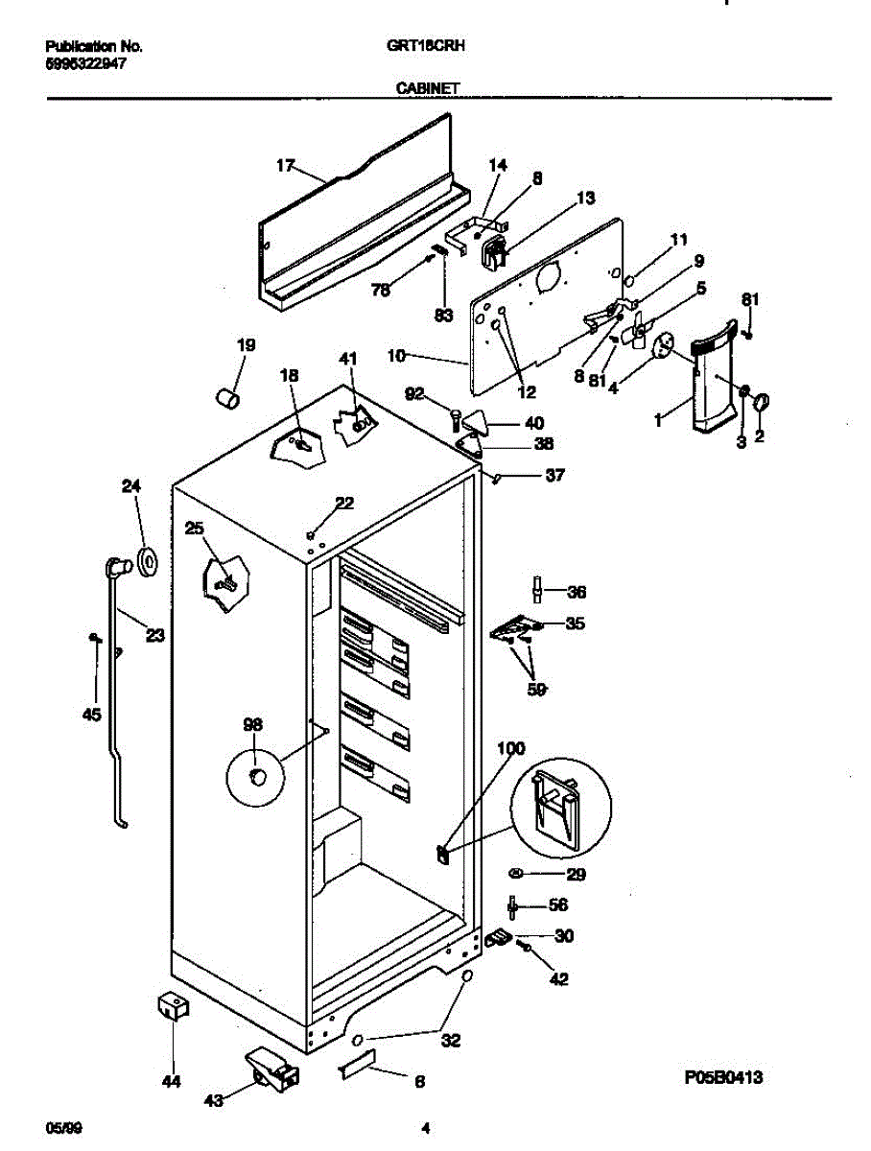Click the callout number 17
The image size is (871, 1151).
(285, 166)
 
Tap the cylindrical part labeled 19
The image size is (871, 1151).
(226, 396)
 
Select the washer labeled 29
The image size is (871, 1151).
(516, 873)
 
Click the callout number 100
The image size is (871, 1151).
(511, 747)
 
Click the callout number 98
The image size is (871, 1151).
(252, 725)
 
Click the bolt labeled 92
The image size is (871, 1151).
(455, 417)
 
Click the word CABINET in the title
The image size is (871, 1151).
(427, 87)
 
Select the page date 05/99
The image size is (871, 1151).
(61, 1128)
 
